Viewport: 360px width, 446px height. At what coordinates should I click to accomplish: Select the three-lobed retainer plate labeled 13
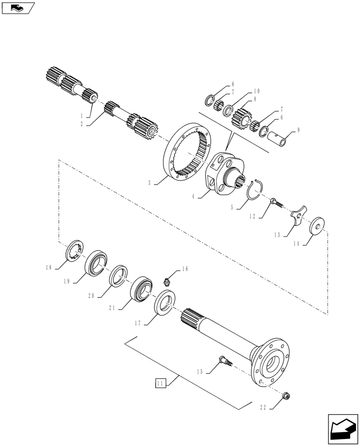tap(298, 217)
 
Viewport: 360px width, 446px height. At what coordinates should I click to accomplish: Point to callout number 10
tap(256, 91)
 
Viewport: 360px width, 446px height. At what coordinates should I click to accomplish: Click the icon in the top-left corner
tap(18, 8)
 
